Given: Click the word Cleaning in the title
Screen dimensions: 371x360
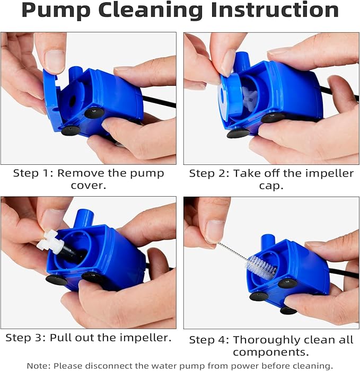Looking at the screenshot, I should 153,11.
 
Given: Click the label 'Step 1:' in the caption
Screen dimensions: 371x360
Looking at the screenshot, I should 32,173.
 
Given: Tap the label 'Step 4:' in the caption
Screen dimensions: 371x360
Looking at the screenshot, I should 209,340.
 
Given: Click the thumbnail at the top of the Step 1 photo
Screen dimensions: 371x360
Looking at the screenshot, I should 55,61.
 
